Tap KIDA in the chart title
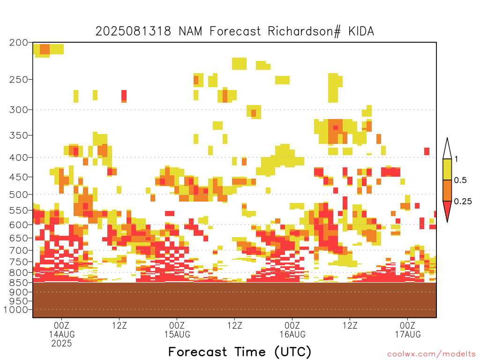(x=361, y=31)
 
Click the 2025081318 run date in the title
(x=133, y=31)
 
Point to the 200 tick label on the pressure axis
(x=18, y=43)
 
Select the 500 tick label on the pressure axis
(x=18, y=195)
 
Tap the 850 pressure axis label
(x=18, y=283)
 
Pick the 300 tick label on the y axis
(x=18, y=110)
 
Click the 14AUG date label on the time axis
(x=62, y=334)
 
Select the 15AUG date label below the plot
(x=177, y=334)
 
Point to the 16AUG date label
(x=292, y=334)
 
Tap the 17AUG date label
(x=408, y=334)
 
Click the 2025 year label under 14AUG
(x=61, y=344)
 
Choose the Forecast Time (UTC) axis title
(x=240, y=352)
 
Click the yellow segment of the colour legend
(x=447, y=169)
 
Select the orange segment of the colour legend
(x=447, y=190)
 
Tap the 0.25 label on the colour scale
(x=463, y=201)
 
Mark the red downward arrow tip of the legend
(x=447, y=222)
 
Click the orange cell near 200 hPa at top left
(x=45, y=49)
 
